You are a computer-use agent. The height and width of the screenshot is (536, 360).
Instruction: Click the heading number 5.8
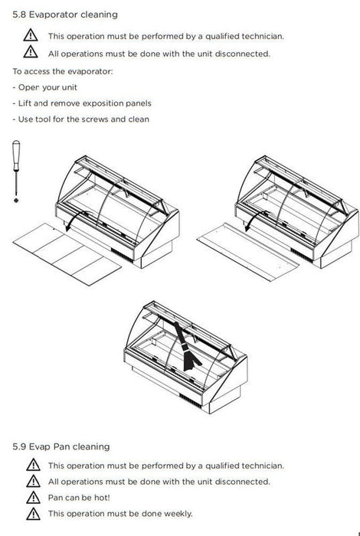(x=19, y=15)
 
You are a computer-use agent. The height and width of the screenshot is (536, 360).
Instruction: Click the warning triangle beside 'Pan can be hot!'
(x=33, y=498)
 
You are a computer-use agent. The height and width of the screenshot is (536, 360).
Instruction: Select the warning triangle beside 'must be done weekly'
(x=33, y=514)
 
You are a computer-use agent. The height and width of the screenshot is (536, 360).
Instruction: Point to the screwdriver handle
(x=16, y=155)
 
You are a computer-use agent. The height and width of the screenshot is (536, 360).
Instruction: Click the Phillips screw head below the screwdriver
(x=16, y=201)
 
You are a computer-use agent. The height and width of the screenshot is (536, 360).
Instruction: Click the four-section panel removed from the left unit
(x=67, y=254)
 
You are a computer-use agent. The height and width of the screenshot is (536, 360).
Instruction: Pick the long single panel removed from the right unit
(x=248, y=252)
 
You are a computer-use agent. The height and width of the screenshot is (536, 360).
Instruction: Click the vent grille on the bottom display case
(x=191, y=400)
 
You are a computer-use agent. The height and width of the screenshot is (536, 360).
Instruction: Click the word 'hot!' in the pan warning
(x=102, y=498)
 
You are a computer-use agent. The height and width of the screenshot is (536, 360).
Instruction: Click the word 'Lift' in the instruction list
(x=25, y=103)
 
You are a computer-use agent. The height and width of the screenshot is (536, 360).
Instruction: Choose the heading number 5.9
(x=19, y=446)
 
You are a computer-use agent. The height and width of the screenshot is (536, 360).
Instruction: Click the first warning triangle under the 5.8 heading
(x=31, y=35)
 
